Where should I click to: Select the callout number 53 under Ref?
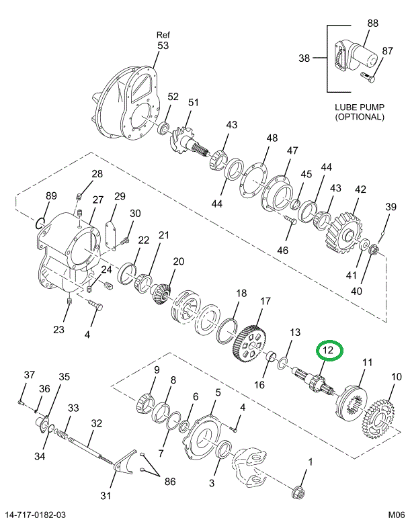(x=163, y=46)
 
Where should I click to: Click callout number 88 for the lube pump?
(x=372, y=23)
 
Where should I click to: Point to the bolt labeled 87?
(x=368, y=76)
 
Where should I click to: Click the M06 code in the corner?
(x=395, y=515)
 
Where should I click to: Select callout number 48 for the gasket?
(x=272, y=138)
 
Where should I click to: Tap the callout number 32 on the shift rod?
(x=97, y=423)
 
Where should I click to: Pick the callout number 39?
(x=391, y=207)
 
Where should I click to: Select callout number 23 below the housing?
(x=59, y=329)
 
